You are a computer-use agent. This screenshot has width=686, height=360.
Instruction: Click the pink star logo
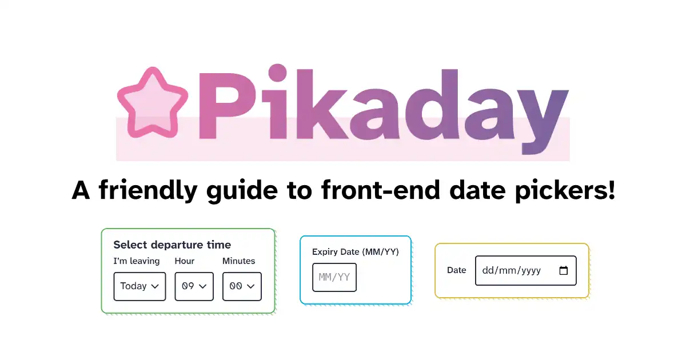pos(153,102)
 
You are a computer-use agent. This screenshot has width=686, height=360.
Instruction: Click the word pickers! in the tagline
pos(565,190)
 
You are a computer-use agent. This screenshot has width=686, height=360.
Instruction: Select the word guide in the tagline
pos(242,190)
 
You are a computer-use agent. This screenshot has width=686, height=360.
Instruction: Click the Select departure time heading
pos(172,245)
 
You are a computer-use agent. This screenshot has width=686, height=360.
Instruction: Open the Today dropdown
pos(139,286)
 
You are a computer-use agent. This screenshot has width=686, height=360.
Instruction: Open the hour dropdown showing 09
pos(194,286)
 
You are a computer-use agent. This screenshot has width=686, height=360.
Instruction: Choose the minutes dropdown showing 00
pos(242,286)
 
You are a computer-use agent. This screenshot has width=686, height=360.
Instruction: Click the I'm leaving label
pos(137,261)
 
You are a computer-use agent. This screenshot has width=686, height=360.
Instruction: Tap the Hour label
pos(184,261)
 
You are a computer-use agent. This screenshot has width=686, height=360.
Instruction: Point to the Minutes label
pos(238,261)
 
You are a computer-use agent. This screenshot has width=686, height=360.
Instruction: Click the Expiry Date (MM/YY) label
pos(355,252)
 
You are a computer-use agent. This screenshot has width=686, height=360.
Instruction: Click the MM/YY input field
pos(334,277)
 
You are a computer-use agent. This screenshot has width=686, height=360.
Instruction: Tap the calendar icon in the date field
pos(564,271)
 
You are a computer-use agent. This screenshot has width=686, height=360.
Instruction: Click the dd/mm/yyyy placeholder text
pos(512,271)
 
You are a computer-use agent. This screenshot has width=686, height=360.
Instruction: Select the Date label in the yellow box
pos(457,270)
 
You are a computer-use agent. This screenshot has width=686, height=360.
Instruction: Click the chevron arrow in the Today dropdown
pos(155,286)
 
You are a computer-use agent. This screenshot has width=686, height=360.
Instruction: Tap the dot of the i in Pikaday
pos(277,73)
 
